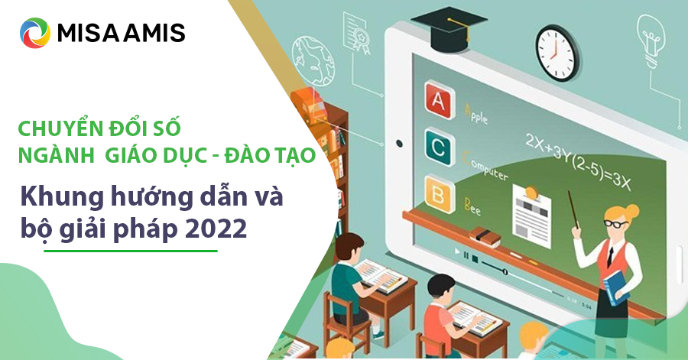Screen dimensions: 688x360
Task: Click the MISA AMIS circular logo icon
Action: click(35, 33)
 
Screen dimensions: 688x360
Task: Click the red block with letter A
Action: click(440, 100)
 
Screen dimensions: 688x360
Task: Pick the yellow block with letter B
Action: click(440, 194)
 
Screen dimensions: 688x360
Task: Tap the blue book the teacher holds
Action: click(615, 287)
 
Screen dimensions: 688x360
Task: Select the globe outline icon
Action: click(313, 60)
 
